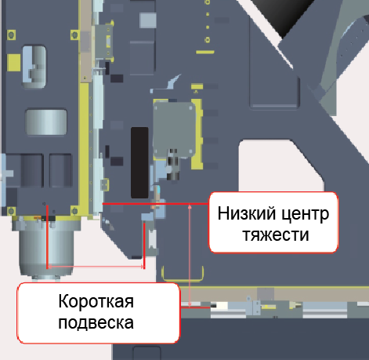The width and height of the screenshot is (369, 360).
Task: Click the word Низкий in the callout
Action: pos(247,213)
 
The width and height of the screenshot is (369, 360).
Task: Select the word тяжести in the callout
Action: pos(276,235)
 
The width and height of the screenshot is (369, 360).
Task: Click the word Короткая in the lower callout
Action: pos(96,301)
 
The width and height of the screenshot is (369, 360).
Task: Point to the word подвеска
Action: pos(96,322)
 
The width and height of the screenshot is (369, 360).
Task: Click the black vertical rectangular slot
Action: pos(139,162)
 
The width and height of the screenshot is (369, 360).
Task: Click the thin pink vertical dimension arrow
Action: pos(190,255)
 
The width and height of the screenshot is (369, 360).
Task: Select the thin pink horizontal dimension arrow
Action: pos(96,267)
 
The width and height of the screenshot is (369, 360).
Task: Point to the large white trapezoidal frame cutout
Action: pos(280,165)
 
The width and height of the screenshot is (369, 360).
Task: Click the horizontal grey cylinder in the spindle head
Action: pos(46,122)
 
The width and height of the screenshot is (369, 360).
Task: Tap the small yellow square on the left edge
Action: pos(13,63)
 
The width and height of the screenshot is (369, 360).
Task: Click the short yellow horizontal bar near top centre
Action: pos(205,52)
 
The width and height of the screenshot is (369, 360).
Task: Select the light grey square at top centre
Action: pos(148,20)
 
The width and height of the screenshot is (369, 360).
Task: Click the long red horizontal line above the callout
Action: pos(155,203)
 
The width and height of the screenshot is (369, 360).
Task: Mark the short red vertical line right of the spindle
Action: pos(144,245)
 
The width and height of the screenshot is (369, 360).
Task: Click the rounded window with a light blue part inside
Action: pos(34,67)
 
